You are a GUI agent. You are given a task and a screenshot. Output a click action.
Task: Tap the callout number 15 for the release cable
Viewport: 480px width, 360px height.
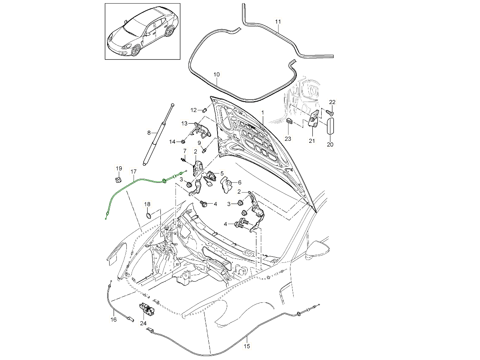point(247,346)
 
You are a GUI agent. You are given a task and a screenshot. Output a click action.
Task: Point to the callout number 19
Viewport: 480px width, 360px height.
point(118,168)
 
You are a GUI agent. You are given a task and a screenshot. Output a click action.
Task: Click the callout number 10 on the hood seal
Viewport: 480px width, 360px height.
point(216,74)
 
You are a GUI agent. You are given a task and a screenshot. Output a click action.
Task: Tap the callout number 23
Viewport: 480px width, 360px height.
point(288,139)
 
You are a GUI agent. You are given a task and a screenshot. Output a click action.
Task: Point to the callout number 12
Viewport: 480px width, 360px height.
point(193,110)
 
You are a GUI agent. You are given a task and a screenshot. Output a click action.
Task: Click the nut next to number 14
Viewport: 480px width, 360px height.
point(183,141)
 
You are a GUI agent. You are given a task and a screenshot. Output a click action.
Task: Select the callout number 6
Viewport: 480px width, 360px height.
point(240,182)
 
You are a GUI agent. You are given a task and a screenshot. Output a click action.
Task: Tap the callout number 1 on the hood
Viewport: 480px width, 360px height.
point(263,112)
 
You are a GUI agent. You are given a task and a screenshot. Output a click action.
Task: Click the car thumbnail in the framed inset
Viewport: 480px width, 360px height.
point(142,31)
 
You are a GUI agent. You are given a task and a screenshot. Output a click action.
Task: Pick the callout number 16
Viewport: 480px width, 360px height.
point(113,320)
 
